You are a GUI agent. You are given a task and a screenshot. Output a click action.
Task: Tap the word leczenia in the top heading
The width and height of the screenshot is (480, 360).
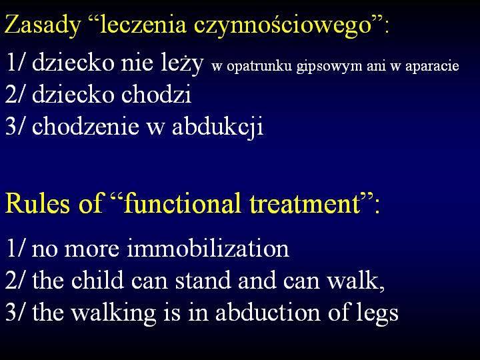coord(143,25)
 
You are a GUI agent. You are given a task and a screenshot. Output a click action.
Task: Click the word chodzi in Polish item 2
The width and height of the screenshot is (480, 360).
coord(156,94)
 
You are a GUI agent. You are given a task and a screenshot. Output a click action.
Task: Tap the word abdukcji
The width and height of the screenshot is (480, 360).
coord(217,126)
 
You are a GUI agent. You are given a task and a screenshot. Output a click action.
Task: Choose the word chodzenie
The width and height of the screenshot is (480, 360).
coord(85,125)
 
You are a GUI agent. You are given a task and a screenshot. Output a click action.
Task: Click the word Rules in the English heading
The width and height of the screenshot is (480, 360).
coord(37,203)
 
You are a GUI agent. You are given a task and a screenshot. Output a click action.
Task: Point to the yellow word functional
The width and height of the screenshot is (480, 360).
coord(182,203)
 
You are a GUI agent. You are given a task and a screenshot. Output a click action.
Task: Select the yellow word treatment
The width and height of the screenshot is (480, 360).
coord(305,204)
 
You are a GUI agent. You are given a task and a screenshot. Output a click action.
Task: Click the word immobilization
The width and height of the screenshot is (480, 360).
coord(208,248)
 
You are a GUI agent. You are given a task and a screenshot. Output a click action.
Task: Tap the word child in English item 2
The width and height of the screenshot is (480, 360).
coord(97,280)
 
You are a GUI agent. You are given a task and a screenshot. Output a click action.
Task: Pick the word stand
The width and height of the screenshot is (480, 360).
coord(203,280)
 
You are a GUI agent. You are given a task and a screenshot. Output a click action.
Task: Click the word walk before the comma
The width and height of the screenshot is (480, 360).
coord(353,280)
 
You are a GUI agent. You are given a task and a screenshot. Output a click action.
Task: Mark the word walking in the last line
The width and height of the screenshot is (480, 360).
coord(113,313)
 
